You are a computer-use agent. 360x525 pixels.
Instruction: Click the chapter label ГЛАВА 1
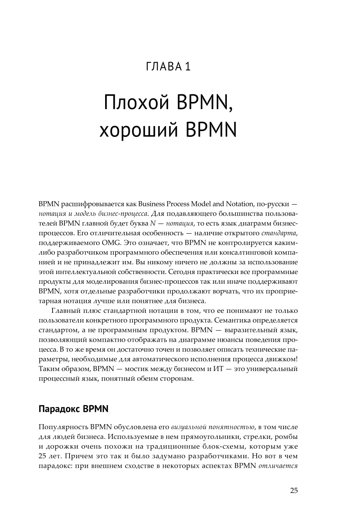point(168,67)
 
